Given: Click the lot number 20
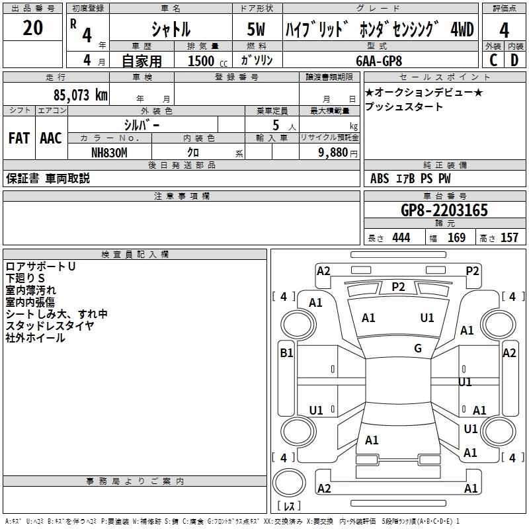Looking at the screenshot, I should (32, 28).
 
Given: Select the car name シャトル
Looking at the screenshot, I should (171, 29).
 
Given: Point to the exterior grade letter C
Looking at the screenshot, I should (493, 60).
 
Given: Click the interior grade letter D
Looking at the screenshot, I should (514, 60).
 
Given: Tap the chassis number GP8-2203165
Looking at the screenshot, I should (444, 210).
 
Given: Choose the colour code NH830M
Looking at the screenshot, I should (109, 152).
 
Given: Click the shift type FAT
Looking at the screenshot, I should (19, 138).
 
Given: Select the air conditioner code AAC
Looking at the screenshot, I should (51, 138).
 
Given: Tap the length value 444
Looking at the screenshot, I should (401, 238).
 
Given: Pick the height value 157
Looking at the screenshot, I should (509, 238).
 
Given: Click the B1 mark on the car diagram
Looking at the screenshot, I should (286, 353).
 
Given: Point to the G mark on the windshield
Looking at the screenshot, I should (418, 348).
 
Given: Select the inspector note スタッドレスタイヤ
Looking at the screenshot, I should (50, 325).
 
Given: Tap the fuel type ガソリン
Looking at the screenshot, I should (257, 60).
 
